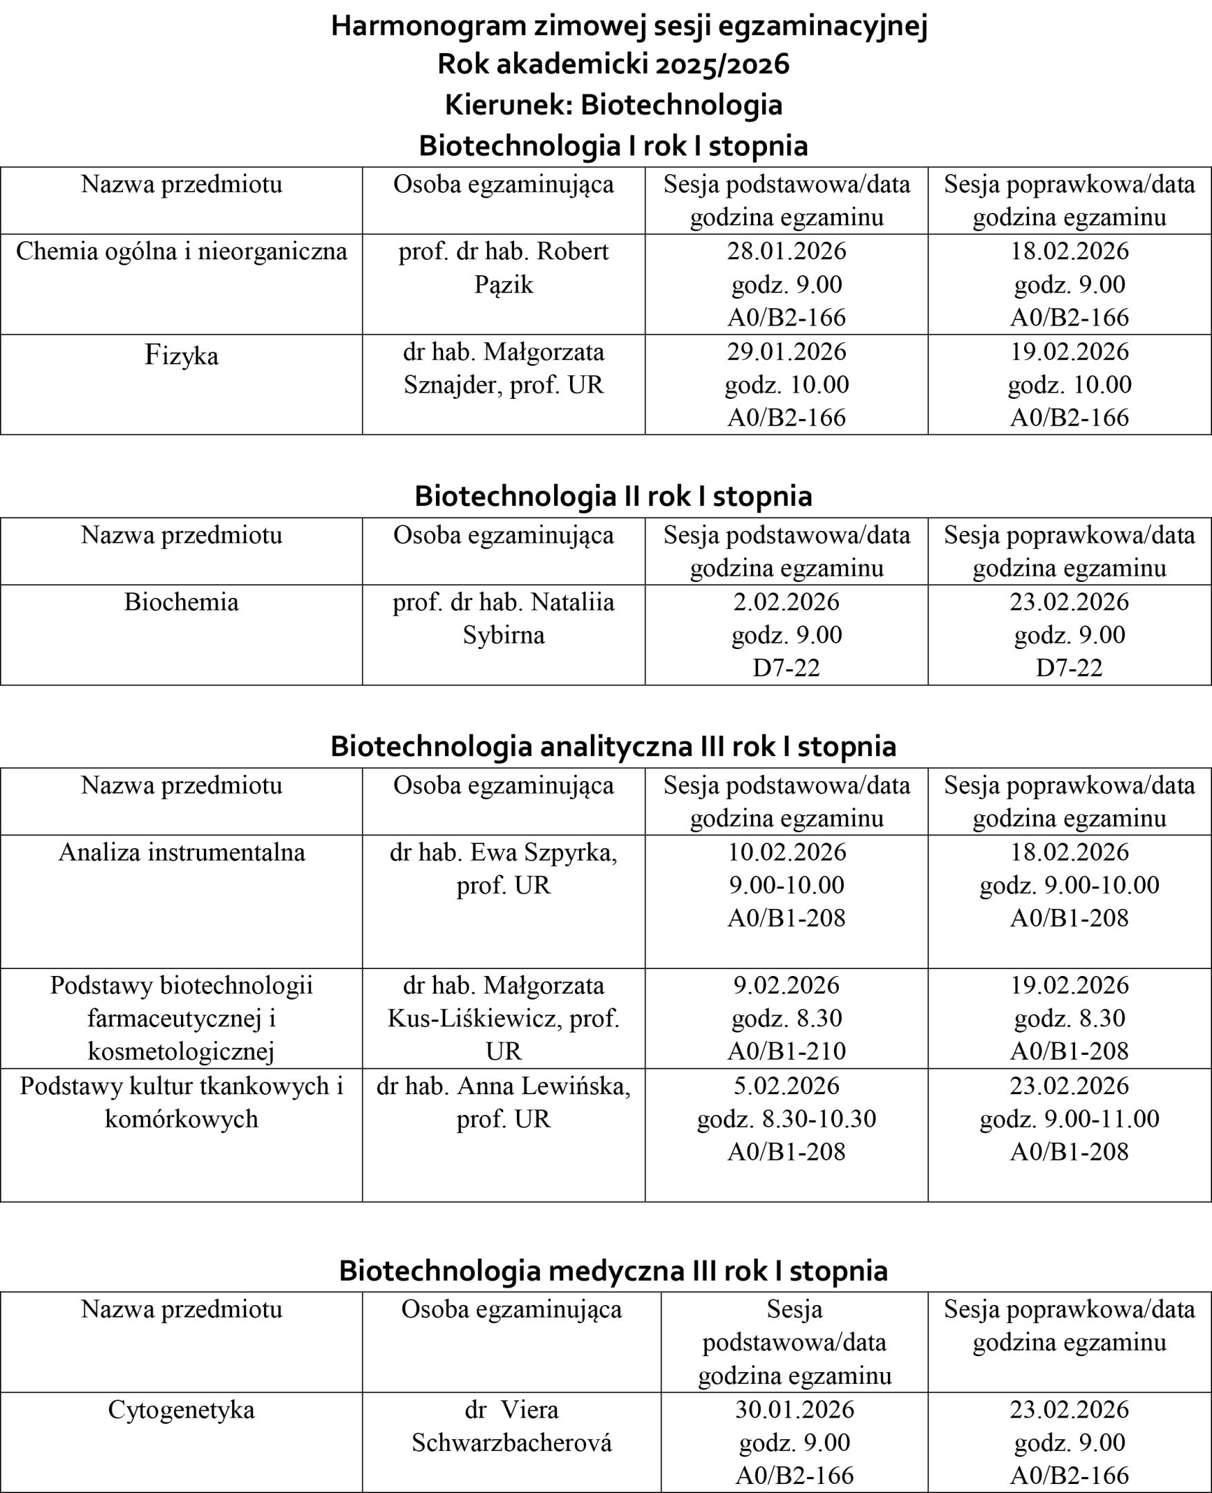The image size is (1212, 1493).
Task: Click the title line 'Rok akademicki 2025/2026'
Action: coord(613,65)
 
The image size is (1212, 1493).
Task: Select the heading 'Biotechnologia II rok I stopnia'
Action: coord(613,496)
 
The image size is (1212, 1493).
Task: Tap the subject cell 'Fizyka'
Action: coord(182,356)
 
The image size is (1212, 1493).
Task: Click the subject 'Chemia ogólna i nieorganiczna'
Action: coord(182,252)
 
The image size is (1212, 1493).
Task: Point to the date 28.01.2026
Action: coord(786,252)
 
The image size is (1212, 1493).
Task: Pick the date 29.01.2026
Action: coord(786,351)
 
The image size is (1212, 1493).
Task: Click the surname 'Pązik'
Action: coord(503,285)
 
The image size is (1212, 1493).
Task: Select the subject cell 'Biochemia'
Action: coord(182,602)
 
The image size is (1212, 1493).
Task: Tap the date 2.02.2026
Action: coord(786,602)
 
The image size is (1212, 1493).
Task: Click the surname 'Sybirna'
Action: coord(503,635)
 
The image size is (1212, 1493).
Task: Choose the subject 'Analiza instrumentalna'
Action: coord(182,853)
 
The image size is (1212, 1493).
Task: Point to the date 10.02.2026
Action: coord(786,853)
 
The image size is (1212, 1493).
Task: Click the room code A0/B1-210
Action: coord(786,1051)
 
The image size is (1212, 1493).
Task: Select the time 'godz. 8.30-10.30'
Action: coord(786,1118)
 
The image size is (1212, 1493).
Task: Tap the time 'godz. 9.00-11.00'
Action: coord(1069,1118)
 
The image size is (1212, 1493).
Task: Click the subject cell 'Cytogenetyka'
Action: coord(182,1410)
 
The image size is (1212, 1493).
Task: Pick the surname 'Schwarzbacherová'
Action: coord(511,1443)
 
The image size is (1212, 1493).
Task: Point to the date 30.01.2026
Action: coord(795,1410)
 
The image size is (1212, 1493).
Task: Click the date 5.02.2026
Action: coord(786,1086)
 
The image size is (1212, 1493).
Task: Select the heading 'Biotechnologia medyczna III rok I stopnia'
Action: coord(613,1271)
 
